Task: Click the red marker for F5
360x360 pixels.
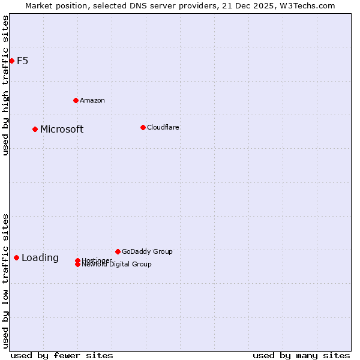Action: (x=11, y=61)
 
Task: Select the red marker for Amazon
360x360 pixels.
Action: (x=76, y=100)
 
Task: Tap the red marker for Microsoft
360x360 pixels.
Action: (x=35, y=129)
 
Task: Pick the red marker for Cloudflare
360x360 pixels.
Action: (x=143, y=127)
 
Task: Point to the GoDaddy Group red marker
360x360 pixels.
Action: (x=118, y=251)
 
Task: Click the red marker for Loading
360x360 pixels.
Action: (x=16, y=257)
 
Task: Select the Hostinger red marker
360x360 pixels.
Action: (x=77, y=260)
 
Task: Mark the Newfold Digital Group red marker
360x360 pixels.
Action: (x=77, y=265)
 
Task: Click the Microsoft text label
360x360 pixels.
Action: (x=62, y=130)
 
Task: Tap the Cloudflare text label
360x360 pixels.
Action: (x=163, y=127)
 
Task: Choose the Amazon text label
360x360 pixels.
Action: (x=92, y=100)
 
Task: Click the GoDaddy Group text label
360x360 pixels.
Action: (x=147, y=251)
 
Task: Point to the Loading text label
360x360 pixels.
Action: (x=40, y=258)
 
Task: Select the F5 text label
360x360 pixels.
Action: (x=22, y=61)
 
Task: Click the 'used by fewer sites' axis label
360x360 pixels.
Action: (x=62, y=355)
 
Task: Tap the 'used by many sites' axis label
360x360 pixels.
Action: (x=301, y=355)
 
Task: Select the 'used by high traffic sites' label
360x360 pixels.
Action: (x=5, y=85)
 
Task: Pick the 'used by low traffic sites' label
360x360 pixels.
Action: (x=5, y=280)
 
